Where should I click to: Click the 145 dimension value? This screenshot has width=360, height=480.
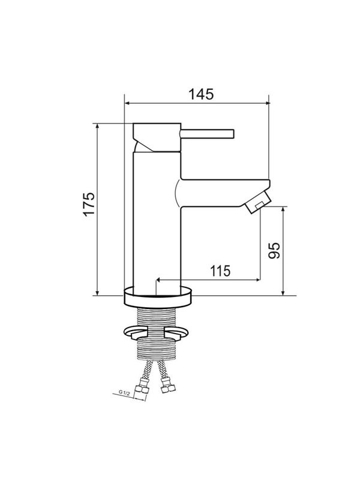(200, 94)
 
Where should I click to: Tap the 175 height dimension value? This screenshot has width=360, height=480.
(89, 204)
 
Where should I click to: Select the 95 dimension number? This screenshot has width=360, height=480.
(274, 250)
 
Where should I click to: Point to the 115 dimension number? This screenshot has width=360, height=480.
(220, 271)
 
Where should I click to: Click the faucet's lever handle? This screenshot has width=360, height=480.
(207, 134)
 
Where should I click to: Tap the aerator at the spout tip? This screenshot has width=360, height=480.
(259, 202)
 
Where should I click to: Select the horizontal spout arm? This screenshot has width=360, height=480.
(225, 193)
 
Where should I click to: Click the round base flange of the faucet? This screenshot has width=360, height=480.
(158, 296)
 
